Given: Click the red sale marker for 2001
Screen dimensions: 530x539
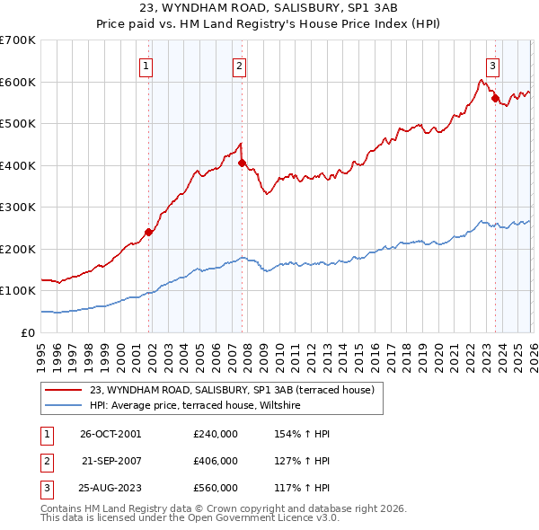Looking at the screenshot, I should pos(149,232).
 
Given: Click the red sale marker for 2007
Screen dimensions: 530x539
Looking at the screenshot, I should pos(242,163).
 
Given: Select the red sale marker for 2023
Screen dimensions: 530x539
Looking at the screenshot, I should pos(495,98).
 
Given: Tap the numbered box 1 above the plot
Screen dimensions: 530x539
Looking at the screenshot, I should pos(146,64).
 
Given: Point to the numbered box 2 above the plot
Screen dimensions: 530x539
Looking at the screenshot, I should pos(239,64).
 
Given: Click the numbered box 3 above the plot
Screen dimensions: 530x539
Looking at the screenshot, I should pos(493,64).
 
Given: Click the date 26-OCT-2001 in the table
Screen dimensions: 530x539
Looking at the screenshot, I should pos(110,434).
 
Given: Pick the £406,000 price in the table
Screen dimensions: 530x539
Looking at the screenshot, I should pos(216,461).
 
